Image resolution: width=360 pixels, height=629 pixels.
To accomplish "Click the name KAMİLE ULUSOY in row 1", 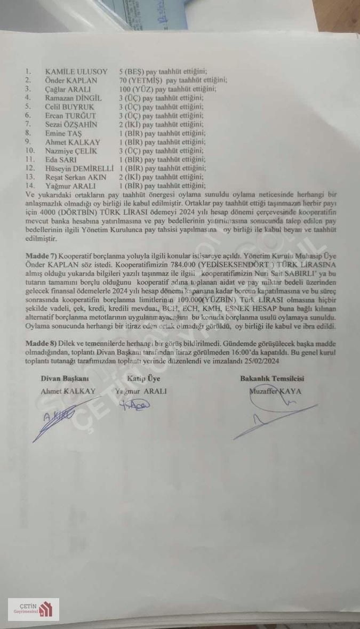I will [x=76, y=71].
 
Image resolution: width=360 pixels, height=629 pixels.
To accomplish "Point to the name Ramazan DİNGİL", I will [x=74, y=98].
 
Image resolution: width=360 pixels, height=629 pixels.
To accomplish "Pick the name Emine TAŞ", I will [x=63, y=133].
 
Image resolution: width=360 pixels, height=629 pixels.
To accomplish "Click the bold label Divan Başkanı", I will [x=65, y=378].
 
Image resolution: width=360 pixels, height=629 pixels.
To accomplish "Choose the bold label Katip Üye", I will [x=143, y=378].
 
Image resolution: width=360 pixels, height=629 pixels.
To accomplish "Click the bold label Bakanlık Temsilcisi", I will [x=272, y=378].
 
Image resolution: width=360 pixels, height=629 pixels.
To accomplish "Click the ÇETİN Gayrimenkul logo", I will [x=34, y=609].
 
